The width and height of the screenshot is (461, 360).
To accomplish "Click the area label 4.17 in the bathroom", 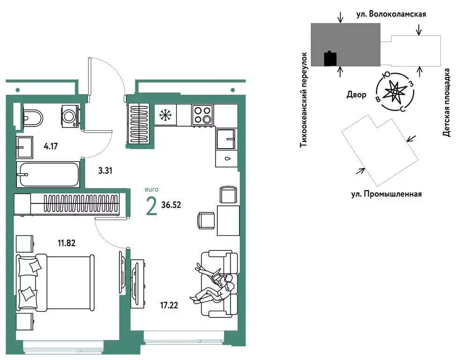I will click(51, 146).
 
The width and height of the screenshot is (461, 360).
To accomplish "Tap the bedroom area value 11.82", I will click(66, 243).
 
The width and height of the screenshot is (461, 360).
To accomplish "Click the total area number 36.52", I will click(171, 204).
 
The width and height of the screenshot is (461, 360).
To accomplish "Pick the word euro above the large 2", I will click(152, 189).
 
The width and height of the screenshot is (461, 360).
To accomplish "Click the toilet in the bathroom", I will click(32, 117).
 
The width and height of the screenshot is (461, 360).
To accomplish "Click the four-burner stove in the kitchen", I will click(202, 115).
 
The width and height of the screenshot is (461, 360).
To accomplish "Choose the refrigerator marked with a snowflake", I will click(164, 115).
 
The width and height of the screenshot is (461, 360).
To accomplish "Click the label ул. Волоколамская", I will click(391, 14).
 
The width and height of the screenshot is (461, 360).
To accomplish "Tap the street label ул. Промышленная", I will click(386, 193).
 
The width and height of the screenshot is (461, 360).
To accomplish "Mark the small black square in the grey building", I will click(331, 59).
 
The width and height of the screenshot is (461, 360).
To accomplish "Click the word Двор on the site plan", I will click(356, 95).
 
